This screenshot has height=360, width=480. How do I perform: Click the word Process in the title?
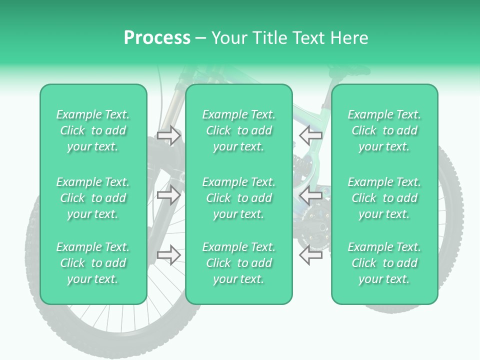coord(157,38)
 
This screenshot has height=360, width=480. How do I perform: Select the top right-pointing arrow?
coord(168,135)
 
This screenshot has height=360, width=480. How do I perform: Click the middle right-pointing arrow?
coord(168,195)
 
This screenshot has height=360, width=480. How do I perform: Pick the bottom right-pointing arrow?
coord(168,254)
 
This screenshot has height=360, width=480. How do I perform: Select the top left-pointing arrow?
coord(310,135)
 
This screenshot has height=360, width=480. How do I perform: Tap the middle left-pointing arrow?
coord(310,195)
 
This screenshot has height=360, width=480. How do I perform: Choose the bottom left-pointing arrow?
coord(310,254)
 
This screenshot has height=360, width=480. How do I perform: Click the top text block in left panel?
coord(93,130)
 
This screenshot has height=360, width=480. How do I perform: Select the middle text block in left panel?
coord(93,198)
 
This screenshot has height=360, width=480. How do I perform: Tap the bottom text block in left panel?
coord(93,263)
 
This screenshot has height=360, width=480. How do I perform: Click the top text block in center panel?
coord(239,130)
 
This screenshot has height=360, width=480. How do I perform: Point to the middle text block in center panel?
coord(239,198)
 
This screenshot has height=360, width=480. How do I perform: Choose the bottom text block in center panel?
coord(239,263)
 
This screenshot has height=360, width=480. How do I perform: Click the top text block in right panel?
coord(384,130)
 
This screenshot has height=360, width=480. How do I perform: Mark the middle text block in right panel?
coord(384,198)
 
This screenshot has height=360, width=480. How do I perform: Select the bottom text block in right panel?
coord(384,263)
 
